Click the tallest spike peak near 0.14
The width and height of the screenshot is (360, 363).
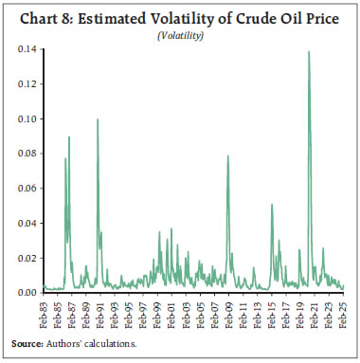(310, 51)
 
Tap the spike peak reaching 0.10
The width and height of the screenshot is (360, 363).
(98, 119)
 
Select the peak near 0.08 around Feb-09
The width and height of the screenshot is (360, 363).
(227, 156)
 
